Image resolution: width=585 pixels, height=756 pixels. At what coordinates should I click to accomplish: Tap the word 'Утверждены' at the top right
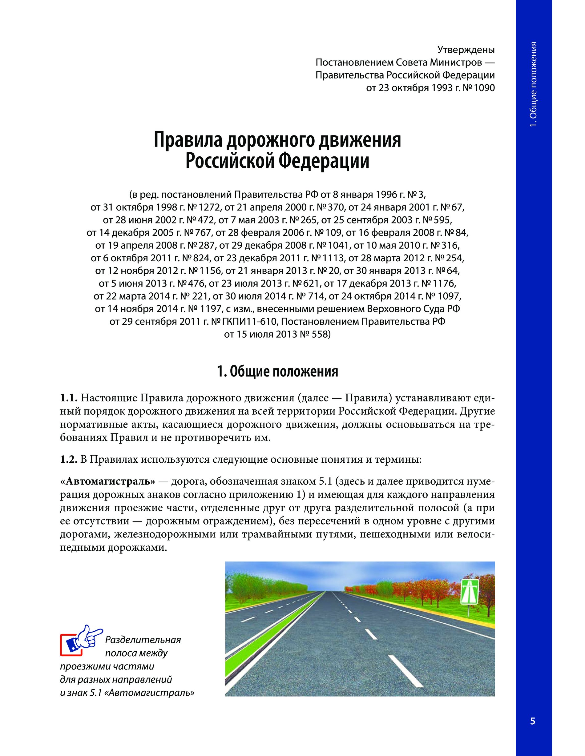[466, 50]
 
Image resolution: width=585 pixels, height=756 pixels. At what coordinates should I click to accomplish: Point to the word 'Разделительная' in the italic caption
[143, 640]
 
